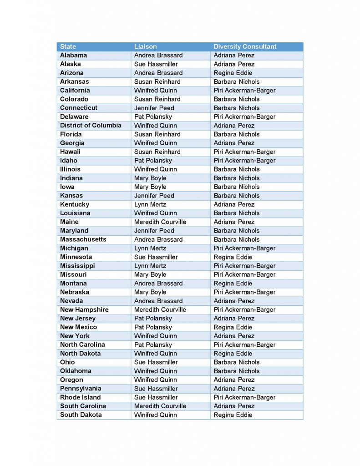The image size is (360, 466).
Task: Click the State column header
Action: coord(68,46)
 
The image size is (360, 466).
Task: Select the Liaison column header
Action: coord(145,46)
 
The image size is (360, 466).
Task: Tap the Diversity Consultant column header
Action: coord(245,46)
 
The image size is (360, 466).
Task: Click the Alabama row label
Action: coord(73,55)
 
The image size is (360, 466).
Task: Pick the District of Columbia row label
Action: coord(91,125)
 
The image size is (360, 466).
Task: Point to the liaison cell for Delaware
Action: coord(153,116)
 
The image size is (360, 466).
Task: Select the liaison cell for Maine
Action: coord(160,222)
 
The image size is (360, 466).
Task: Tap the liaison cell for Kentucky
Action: coord(150,204)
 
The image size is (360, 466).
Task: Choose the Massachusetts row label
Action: coord(83,239)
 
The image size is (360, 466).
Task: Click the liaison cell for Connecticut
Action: coord(154,108)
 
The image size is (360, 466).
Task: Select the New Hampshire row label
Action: coord(84,309)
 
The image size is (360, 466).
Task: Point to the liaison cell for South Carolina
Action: coord(160,406)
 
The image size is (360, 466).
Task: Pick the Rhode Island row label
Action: coord(80,397)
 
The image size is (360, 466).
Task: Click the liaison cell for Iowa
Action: coord(150,187)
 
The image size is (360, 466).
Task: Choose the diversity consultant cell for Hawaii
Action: coord(244,152)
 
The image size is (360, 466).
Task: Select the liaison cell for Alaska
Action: coord(156,64)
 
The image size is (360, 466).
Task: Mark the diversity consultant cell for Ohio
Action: coord(236,362)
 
